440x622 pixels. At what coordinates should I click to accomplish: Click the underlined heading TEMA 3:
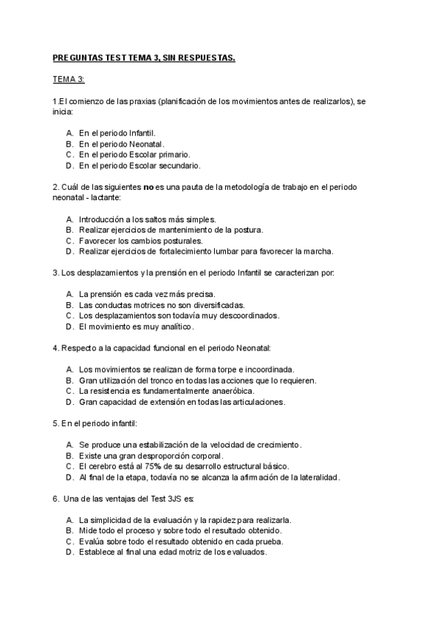tap(68, 78)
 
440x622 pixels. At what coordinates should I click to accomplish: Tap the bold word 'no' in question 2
tap(147, 187)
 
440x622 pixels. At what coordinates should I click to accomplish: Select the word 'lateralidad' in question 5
tap(316, 478)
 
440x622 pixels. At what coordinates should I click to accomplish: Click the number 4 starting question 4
tap(56, 348)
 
